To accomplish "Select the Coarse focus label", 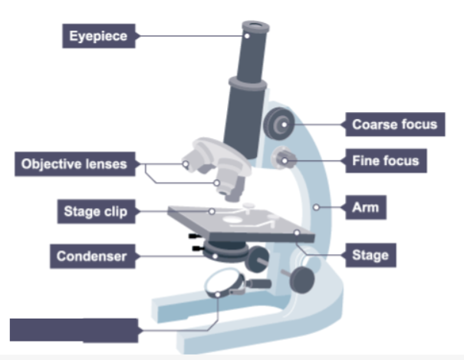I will click(x=394, y=124).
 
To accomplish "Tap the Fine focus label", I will click(x=385, y=161).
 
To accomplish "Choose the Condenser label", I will click(x=91, y=256).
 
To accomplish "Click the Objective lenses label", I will click(x=74, y=163).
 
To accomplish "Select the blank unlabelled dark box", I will click(x=74, y=330).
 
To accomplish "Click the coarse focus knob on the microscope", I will click(x=278, y=121).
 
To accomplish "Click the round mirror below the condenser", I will click(x=224, y=286).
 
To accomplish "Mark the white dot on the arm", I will click(x=316, y=206).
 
